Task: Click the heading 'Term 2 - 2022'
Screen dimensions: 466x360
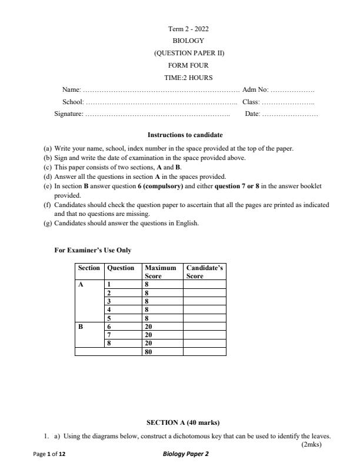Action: (188, 29)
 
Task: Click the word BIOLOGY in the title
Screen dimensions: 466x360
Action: (188, 41)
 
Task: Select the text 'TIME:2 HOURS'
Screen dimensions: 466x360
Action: (188, 78)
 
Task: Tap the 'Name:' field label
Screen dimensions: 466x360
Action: (71, 90)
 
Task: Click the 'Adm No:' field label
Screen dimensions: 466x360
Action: (255, 90)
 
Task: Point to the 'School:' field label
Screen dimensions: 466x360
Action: (74, 102)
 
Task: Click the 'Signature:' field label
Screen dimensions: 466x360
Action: (69, 114)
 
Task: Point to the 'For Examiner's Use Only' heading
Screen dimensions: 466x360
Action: (93, 250)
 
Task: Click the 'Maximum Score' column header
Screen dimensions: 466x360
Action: (160, 271)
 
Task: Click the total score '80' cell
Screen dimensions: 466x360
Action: (148, 352)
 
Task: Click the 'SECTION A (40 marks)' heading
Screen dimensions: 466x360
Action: (182, 422)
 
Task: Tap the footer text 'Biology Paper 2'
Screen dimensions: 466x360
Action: (185, 455)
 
